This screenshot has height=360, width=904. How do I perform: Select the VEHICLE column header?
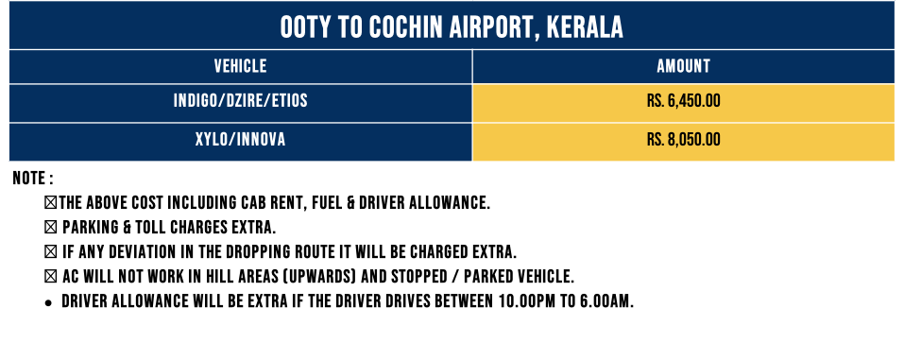coord(241,66)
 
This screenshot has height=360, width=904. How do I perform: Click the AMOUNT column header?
coord(683,66)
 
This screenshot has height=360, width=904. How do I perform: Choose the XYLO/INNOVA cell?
coord(241,140)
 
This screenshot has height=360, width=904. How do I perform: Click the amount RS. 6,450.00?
coord(683,101)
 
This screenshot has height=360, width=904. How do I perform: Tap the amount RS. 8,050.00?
coord(683,140)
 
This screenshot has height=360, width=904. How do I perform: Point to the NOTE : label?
coord(33,179)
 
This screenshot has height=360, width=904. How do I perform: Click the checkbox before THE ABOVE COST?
coord(51,203)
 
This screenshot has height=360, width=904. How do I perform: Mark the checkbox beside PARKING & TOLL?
coord(51,228)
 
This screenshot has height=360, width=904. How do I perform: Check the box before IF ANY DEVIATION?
coord(51,252)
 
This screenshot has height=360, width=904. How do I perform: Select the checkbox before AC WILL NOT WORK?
coord(51,278)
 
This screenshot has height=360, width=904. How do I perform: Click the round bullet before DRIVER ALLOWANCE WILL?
coord(49,303)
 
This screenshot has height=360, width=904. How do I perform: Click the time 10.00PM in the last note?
coord(523,302)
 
